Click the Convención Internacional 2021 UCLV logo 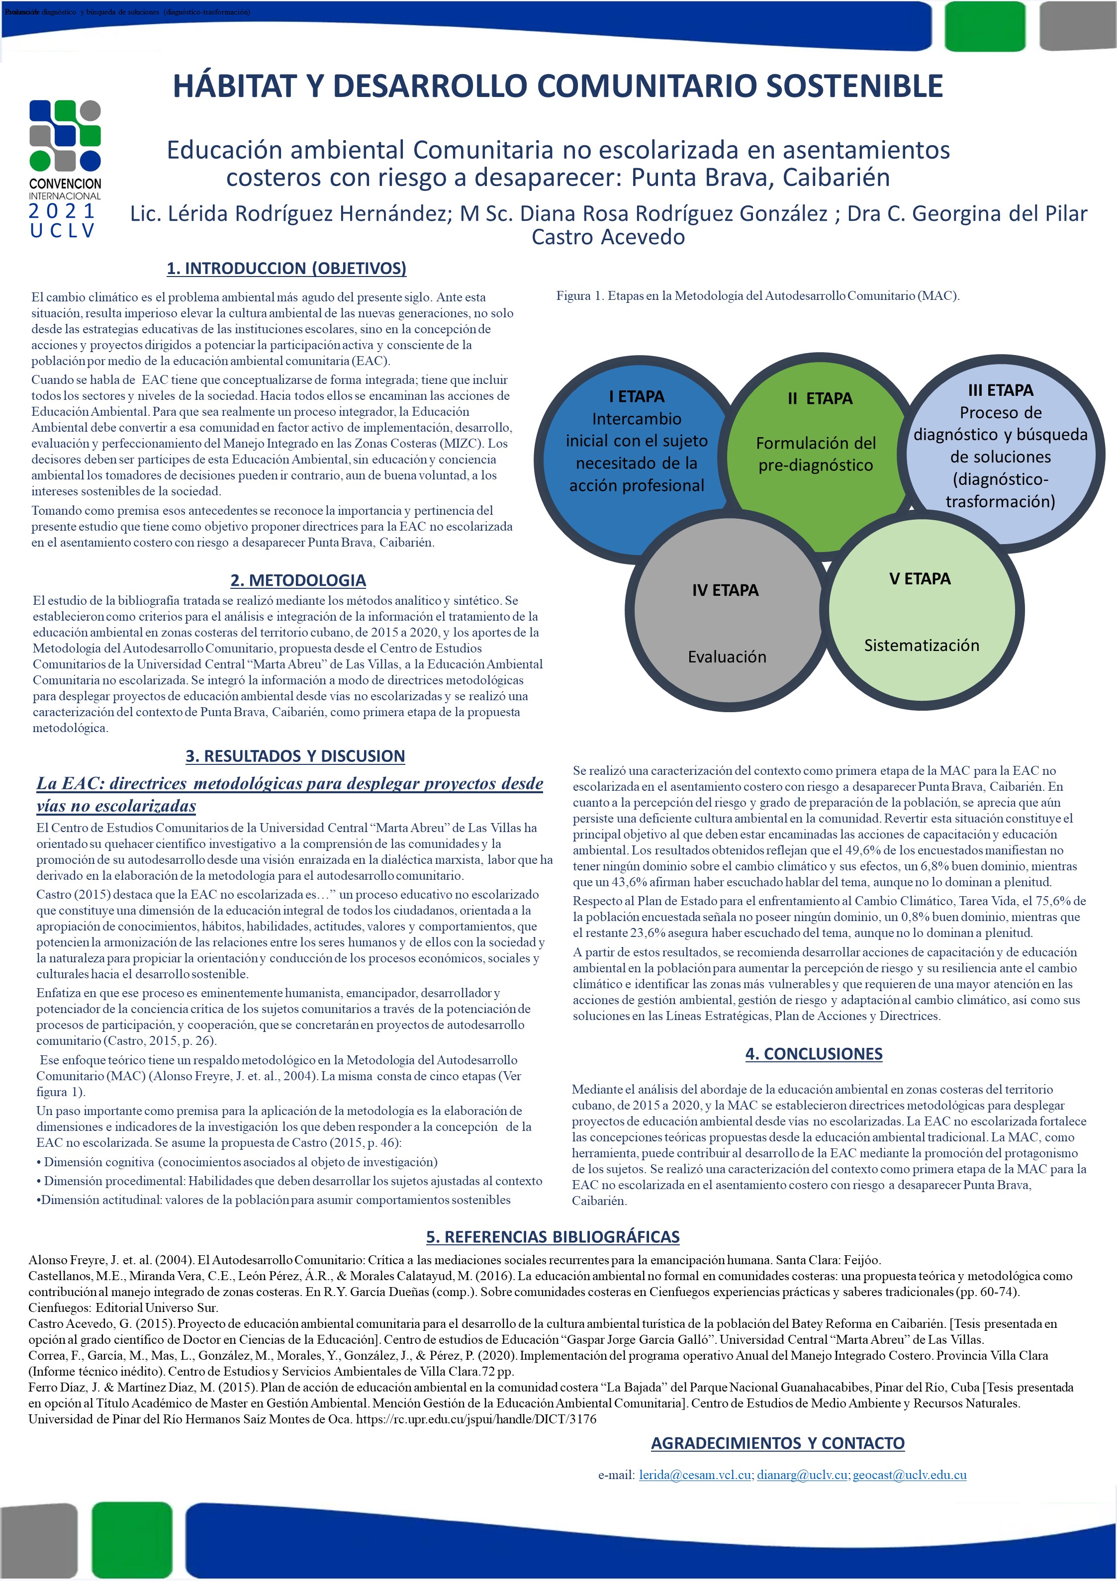click(65, 168)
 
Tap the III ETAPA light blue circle click(1003, 448)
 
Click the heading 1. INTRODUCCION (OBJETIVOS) click(286, 268)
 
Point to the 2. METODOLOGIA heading click(298, 580)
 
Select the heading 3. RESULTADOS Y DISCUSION click(295, 755)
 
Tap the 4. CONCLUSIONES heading click(813, 1053)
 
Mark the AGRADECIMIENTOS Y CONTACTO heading click(777, 1443)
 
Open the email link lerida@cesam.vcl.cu click(694, 1475)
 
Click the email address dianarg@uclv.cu click(802, 1475)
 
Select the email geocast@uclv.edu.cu click(909, 1475)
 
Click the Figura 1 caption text click(757, 296)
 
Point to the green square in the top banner click(985, 26)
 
